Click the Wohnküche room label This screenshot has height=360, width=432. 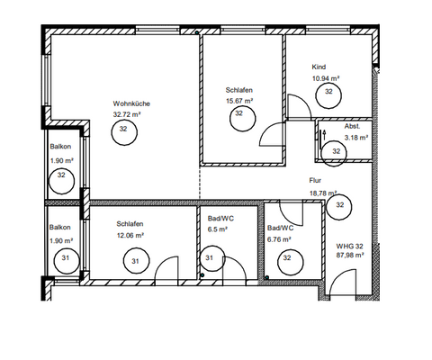tap(131, 104)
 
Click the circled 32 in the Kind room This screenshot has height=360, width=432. tap(328, 92)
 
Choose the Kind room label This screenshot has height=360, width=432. tap(319, 68)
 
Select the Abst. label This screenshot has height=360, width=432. tap(352, 127)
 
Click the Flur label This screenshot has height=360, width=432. tap(316, 181)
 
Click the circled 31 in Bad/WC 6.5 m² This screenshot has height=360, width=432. tap(208, 260)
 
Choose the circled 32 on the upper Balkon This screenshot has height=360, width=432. tap(61, 175)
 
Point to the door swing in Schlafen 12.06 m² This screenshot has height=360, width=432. tap(166, 268)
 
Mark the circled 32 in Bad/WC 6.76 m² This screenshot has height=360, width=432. tap(288, 259)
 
